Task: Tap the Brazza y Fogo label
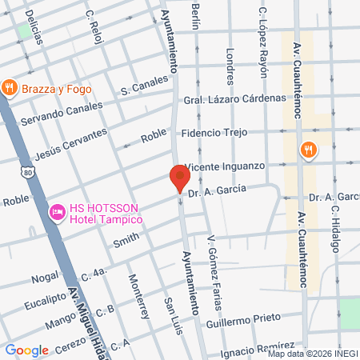coord(56,89)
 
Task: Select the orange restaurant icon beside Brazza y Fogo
coord(10,88)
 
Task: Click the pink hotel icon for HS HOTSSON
coord(57,212)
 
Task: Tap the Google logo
coord(26,350)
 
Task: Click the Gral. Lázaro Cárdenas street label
coord(234,98)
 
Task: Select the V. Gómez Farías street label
coord(214,265)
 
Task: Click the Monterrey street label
coord(138,297)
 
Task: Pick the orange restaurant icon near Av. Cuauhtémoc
coord(308,150)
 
